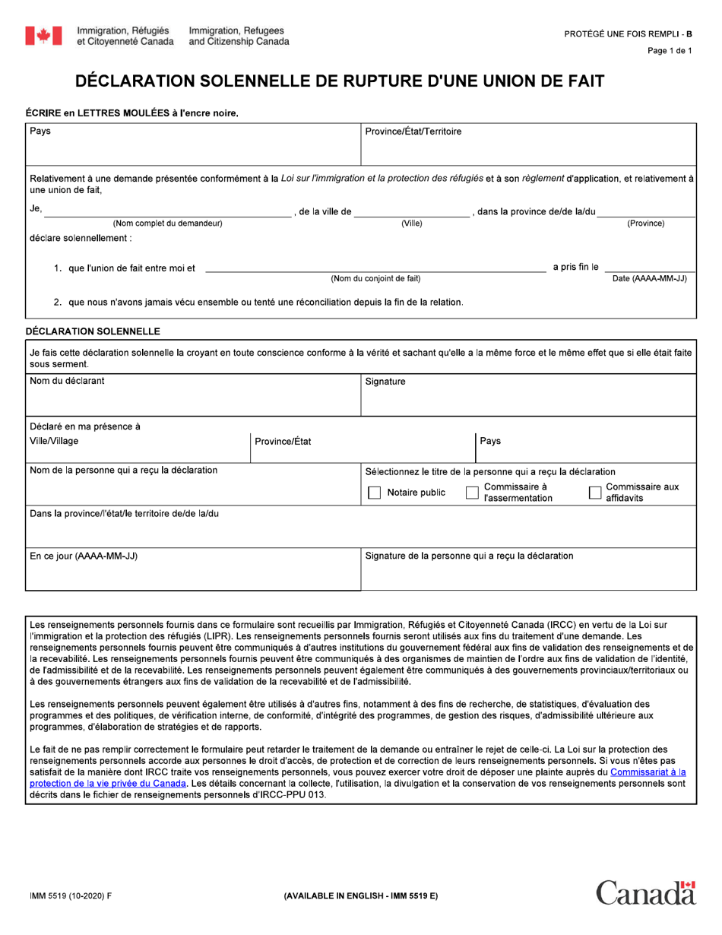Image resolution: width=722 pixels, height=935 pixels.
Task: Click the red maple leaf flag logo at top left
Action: (x=43, y=36)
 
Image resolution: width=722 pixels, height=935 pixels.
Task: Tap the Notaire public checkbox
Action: (x=374, y=493)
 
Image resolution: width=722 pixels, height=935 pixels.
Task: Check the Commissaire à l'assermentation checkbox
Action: (x=472, y=493)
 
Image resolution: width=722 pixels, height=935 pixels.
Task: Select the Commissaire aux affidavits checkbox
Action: (x=595, y=493)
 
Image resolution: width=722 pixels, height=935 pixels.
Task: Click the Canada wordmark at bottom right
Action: (x=645, y=892)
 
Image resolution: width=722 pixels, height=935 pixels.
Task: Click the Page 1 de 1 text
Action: (x=670, y=51)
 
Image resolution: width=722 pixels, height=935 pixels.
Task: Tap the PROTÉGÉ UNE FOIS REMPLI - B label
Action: (x=628, y=34)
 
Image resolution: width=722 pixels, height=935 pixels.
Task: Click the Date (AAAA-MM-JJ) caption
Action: (x=650, y=279)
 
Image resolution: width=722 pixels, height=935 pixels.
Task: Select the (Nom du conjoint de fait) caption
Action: (x=375, y=279)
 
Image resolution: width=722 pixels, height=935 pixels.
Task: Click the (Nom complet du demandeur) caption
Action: (x=167, y=223)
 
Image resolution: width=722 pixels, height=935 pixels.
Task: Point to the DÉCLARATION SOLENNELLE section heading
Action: (x=93, y=331)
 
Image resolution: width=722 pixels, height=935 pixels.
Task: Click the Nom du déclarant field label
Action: (x=67, y=381)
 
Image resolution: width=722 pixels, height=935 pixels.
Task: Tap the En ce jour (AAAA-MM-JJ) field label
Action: (x=84, y=556)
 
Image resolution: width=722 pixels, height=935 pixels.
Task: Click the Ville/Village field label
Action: (x=54, y=441)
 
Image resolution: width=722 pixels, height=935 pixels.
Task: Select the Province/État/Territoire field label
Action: (x=413, y=132)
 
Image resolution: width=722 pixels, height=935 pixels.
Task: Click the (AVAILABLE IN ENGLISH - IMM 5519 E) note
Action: (x=360, y=895)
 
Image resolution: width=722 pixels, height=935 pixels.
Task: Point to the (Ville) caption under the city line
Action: (x=412, y=223)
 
